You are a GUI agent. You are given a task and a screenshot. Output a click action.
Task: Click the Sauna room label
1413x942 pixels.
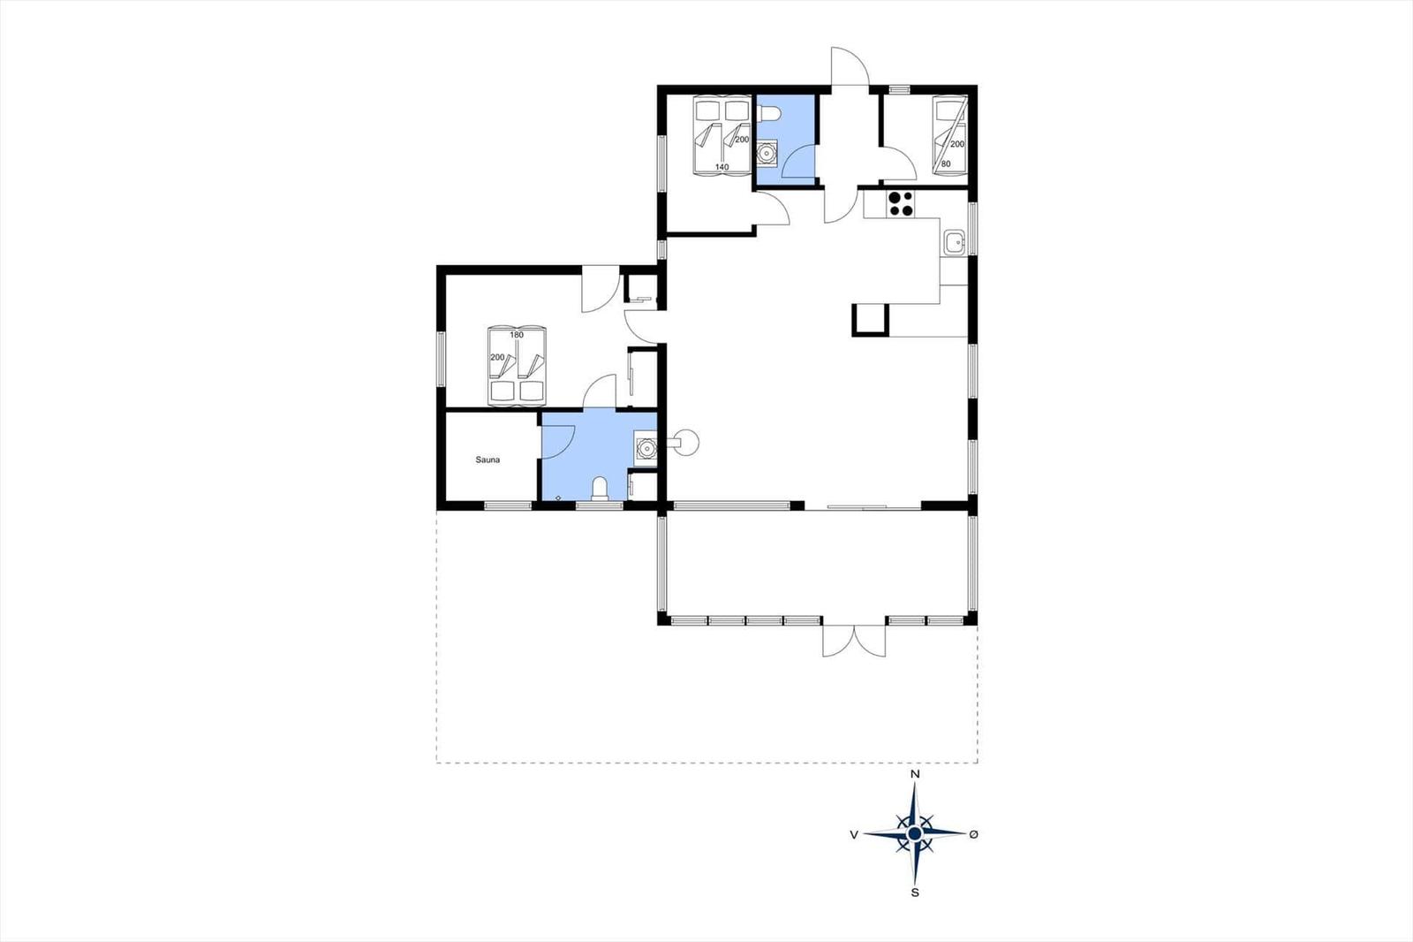coord(487,460)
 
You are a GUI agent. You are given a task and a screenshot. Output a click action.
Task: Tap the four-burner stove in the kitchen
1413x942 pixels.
coord(900,203)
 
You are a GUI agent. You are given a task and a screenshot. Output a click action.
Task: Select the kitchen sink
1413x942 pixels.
coord(956,242)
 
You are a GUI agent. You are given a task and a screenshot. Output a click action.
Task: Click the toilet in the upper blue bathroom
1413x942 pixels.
coord(769,114)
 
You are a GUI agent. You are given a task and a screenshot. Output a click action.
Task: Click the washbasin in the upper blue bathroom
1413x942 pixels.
coord(767,154)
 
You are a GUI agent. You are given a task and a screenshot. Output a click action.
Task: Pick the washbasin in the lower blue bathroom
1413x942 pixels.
coord(646,448)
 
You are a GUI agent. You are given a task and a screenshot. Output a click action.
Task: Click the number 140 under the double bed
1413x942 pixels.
coord(722,167)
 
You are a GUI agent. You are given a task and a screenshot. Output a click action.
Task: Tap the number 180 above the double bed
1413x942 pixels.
coord(517,335)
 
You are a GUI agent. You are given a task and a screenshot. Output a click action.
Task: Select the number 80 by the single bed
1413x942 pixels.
coord(946,164)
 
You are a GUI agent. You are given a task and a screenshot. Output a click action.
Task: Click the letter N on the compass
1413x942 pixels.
coord(915,774)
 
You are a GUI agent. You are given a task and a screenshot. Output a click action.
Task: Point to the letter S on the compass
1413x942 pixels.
coord(915,893)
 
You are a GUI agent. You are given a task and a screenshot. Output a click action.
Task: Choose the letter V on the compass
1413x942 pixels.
coord(854,835)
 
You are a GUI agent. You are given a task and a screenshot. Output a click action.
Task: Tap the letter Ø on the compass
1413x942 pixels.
coord(973,835)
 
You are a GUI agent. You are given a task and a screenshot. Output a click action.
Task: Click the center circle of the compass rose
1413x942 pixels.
coord(915,835)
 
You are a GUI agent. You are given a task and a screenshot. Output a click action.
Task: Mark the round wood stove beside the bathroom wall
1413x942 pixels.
coord(685,441)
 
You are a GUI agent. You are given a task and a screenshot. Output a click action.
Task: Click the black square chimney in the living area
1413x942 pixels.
coord(871,320)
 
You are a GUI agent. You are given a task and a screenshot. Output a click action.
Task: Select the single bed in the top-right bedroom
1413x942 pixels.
coord(950,135)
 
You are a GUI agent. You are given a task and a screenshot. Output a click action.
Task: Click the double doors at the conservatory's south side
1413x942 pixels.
coord(854,641)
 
